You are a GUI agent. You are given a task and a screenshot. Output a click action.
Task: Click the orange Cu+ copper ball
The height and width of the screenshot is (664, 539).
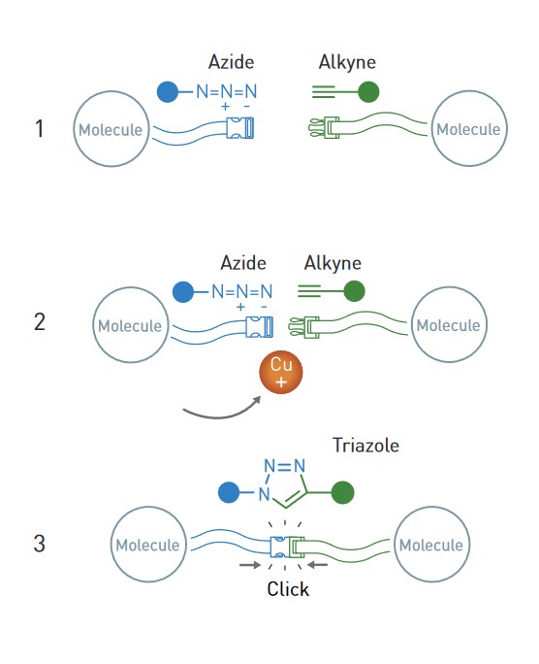(x=281, y=372)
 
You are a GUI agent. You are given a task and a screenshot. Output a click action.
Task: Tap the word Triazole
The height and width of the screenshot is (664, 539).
(x=365, y=446)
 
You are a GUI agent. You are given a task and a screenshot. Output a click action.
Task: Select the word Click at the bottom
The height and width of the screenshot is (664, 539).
(x=288, y=589)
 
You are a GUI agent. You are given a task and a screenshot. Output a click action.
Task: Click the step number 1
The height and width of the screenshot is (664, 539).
(x=40, y=128)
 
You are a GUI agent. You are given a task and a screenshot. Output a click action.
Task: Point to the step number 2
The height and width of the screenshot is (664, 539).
(x=40, y=322)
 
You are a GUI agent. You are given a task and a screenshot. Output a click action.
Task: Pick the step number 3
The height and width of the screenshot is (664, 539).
(x=40, y=544)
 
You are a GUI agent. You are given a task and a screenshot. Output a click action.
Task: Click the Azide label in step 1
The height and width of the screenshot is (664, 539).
(x=232, y=62)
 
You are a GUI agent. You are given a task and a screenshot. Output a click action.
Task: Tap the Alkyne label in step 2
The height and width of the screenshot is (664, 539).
(x=333, y=263)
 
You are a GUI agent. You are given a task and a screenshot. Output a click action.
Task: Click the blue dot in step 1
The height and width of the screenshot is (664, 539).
(x=168, y=92)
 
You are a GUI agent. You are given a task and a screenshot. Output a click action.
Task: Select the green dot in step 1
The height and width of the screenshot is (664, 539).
(x=368, y=92)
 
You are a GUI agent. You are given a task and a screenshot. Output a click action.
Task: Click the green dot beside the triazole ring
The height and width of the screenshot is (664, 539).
(x=343, y=492)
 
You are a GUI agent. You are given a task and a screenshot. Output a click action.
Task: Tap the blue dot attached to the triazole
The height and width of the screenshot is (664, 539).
(x=229, y=492)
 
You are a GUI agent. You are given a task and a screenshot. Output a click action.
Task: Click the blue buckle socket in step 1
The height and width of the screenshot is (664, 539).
(x=240, y=128)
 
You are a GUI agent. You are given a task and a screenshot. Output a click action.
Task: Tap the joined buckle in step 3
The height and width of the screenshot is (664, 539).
(x=287, y=547)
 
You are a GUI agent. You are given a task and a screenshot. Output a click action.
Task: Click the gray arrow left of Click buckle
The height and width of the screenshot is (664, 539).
(x=250, y=564)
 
